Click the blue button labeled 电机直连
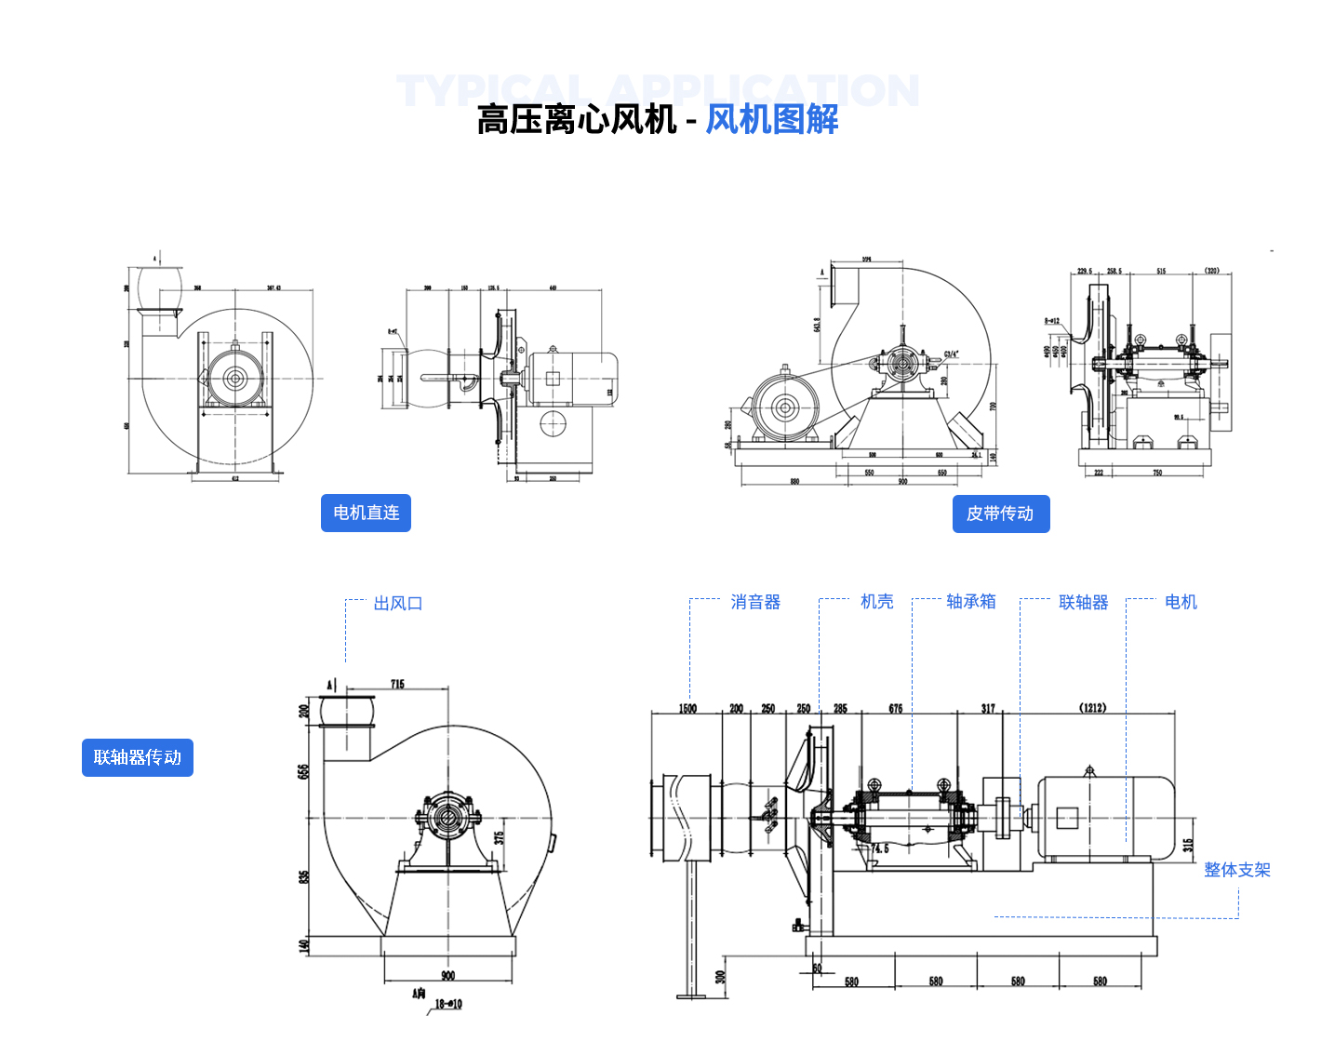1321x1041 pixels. point(366,513)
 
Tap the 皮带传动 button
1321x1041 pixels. point(1000,514)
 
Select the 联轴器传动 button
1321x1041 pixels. point(138,757)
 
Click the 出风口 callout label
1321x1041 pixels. point(398,604)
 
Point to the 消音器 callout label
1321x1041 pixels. point(755,602)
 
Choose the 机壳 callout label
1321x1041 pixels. point(876,602)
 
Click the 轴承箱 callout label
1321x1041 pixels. point(970,602)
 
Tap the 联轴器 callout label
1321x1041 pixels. point(1084,603)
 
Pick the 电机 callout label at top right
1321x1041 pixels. point(1181,602)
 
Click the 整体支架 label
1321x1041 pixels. point(1236,870)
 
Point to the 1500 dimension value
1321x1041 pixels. point(687,709)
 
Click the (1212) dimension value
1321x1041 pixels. point(1093,708)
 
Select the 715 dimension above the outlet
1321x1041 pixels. point(397,685)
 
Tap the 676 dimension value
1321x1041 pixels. point(896,709)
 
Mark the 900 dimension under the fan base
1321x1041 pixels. point(448,976)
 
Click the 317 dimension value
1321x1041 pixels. point(988,709)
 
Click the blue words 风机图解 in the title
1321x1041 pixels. point(771,119)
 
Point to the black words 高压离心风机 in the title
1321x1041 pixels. point(577,119)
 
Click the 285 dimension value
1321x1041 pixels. point(840,709)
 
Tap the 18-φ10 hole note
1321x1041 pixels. point(448,1004)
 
